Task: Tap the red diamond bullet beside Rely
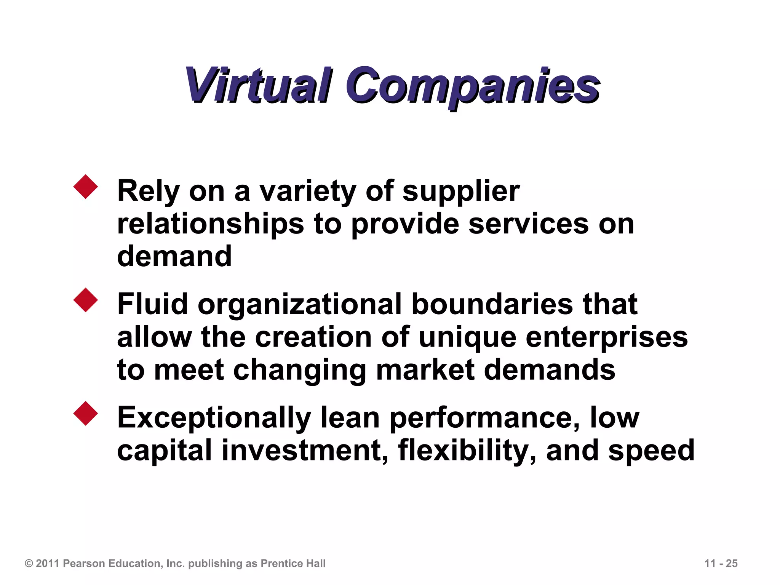coord(86,187)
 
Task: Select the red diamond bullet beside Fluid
coord(86,300)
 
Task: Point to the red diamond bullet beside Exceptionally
coord(86,413)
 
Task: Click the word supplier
coord(461,191)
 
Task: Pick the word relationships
coord(211,224)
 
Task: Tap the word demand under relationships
coord(174,256)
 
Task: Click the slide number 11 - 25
coord(721,563)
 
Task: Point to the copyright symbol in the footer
coord(29,563)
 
